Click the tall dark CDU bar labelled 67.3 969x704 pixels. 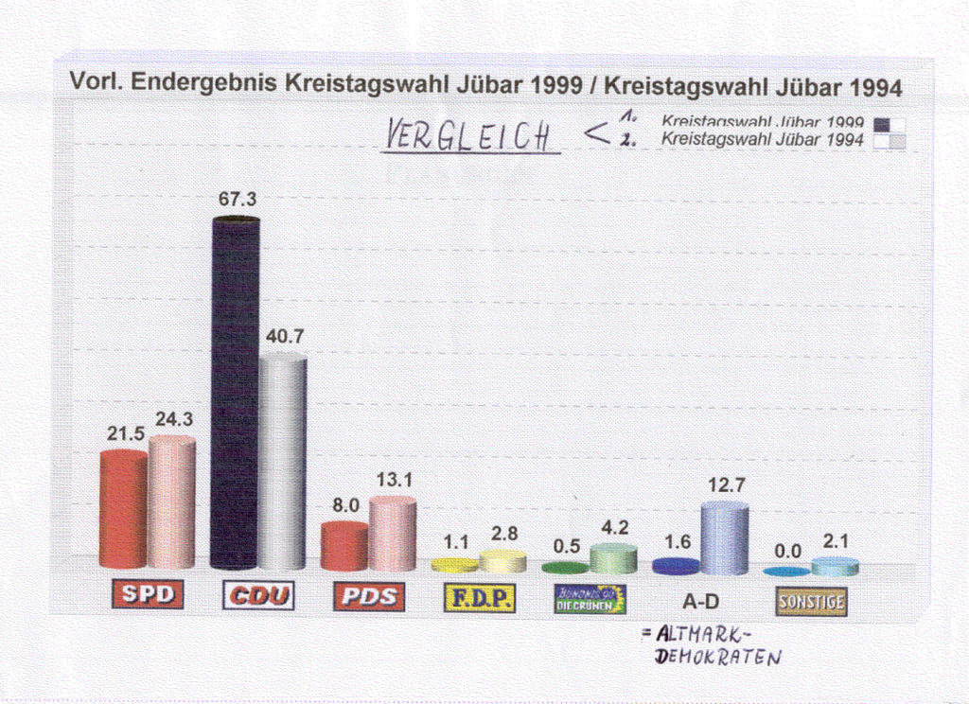tap(235, 393)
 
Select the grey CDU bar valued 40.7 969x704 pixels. tap(283, 462)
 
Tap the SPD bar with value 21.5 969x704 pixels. tap(123, 509)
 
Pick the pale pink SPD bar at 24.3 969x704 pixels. tap(172, 502)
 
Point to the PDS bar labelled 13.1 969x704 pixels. tap(393, 534)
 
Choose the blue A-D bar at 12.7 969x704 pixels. tap(725, 537)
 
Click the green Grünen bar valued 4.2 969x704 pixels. tap(613, 558)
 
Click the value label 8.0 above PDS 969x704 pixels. tap(346, 506)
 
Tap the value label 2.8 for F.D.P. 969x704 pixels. tap(504, 534)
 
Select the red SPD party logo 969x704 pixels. tap(148, 595)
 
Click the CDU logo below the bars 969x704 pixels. tap(258, 596)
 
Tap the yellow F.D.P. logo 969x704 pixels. tap(480, 598)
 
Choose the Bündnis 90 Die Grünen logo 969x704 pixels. tap(590, 599)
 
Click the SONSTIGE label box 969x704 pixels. tap(811, 601)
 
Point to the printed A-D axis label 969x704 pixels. tap(700, 600)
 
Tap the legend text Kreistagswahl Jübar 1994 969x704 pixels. tap(762, 139)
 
